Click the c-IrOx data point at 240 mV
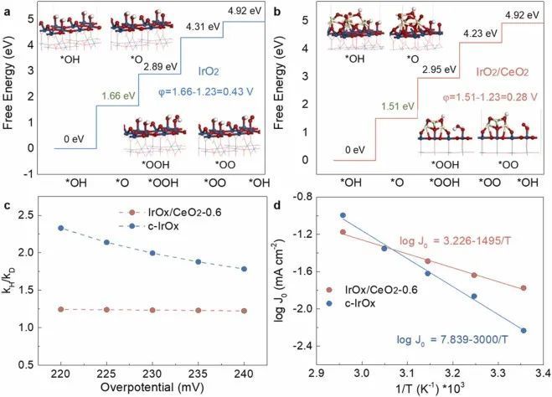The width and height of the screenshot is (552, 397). (243, 269)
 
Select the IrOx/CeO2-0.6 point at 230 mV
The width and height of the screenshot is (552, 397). (152, 310)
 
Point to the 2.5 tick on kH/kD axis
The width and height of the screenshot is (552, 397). (35, 215)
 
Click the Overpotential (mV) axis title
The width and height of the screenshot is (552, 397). (151, 388)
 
